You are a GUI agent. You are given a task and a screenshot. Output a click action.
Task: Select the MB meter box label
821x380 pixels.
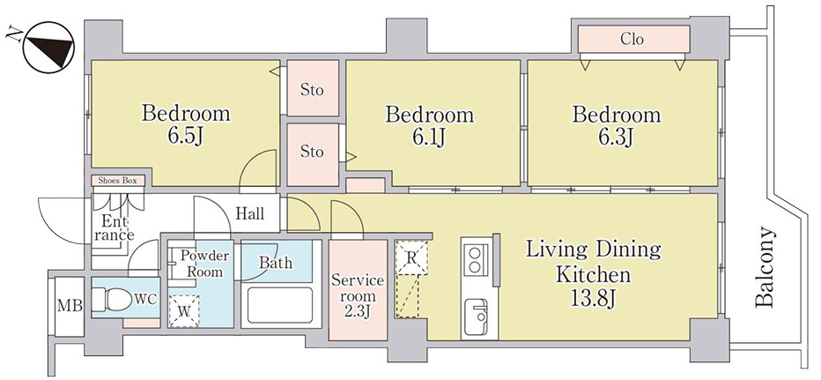point(69,306)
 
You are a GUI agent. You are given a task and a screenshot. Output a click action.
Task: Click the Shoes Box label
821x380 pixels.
point(118,181)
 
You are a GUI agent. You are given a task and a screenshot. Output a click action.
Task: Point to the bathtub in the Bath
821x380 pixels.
point(279,305)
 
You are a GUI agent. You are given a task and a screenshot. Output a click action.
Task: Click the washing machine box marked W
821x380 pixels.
point(184,311)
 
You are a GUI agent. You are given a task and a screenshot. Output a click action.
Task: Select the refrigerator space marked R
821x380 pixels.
point(411,257)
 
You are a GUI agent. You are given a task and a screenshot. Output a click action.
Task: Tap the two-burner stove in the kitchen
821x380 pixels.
point(475,258)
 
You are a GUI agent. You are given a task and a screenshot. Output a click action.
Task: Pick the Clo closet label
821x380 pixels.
point(632,39)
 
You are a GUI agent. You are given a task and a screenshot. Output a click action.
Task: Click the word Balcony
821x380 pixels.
point(765,266)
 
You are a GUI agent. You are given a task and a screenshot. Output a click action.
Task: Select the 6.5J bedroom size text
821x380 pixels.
point(185,136)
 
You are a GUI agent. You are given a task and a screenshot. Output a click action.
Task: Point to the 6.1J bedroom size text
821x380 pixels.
point(429,137)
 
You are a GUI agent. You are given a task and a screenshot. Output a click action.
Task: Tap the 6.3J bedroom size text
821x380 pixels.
point(617,137)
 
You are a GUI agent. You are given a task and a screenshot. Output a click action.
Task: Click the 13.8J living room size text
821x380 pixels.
point(593,297)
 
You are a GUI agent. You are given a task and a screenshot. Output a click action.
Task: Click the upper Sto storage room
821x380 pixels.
point(313,88)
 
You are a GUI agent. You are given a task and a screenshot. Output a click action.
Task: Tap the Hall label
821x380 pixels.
point(250,214)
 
